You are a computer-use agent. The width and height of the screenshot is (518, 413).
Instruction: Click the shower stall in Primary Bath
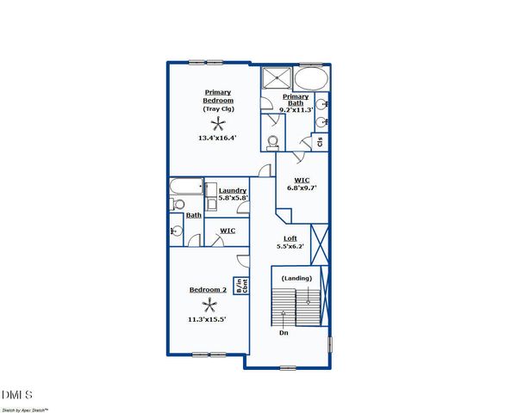277,77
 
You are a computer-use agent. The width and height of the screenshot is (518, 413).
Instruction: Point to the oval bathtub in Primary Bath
311,79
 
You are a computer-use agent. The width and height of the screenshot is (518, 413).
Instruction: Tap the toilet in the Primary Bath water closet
273,142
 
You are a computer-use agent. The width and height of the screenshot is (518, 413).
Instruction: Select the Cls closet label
320,141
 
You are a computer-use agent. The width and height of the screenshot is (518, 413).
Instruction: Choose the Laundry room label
233,191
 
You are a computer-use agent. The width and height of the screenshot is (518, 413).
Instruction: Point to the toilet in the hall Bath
178,204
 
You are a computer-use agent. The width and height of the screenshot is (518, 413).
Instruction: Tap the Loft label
291,239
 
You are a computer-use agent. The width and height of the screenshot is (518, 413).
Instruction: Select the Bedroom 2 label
208,290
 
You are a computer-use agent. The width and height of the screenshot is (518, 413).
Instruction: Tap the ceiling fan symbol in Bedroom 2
210,305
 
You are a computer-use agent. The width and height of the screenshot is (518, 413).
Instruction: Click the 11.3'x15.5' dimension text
208,319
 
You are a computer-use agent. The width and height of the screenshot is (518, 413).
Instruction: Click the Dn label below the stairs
283,332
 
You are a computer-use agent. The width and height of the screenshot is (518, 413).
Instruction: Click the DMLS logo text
17,394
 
